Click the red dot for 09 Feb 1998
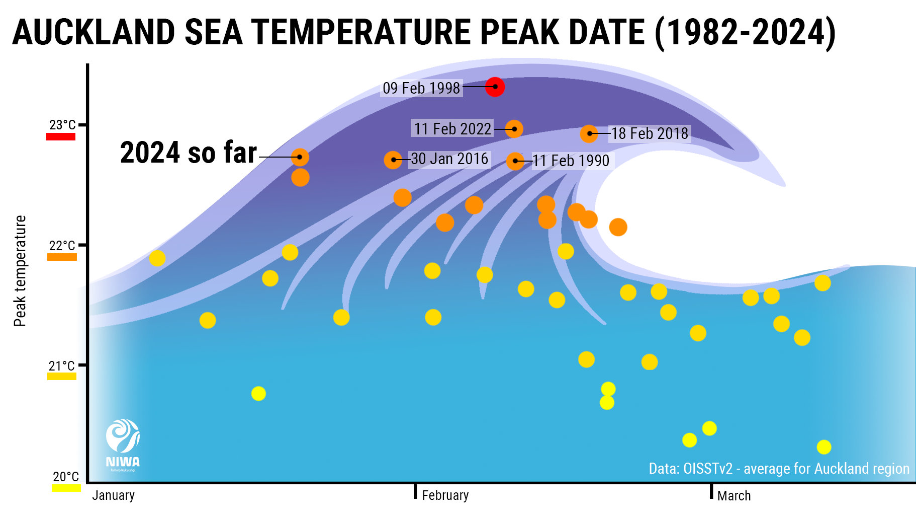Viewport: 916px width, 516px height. (x=495, y=87)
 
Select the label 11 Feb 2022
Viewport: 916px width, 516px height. (x=452, y=129)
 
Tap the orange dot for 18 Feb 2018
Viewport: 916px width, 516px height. (x=589, y=133)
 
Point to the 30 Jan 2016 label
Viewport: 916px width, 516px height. (x=449, y=159)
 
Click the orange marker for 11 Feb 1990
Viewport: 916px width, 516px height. (x=515, y=161)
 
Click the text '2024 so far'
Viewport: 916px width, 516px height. (x=189, y=153)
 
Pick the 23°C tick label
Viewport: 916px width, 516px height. (x=62, y=125)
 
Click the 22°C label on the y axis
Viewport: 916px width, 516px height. (x=62, y=246)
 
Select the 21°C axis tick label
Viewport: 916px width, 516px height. (x=62, y=366)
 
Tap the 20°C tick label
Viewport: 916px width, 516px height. (x=66, y=477)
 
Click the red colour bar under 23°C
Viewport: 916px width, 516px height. (x=61, y=136)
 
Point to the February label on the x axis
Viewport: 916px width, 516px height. (x=445, y=495)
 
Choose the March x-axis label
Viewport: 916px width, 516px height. (x=734, y=496)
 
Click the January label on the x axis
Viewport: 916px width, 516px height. (x=113, y=495)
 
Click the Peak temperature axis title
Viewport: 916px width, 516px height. (x=20, y=271)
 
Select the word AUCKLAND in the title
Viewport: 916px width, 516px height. (x=94, y=32)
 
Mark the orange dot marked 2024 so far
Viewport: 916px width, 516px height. (x=300, y=157)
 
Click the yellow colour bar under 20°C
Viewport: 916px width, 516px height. (x=66, y=488)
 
